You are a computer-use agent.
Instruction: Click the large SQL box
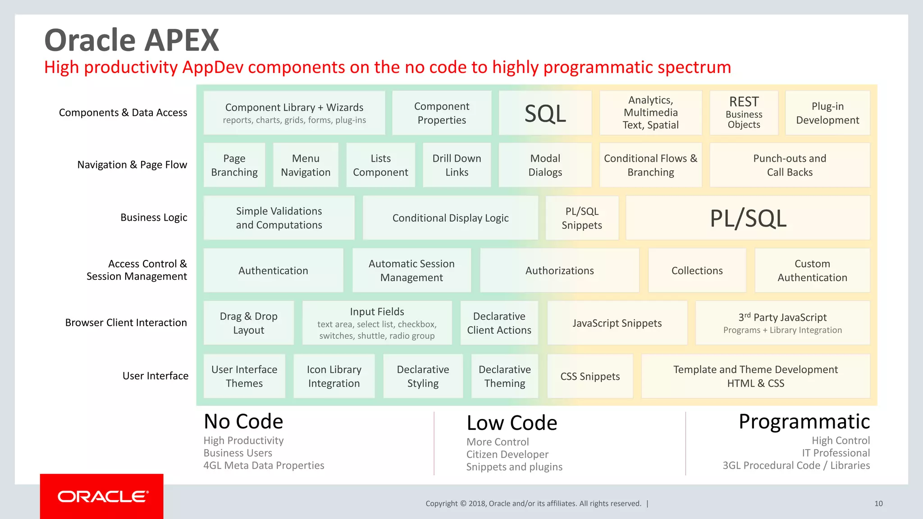(x=545, y=113)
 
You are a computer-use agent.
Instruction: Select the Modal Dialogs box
(x=545, y=165)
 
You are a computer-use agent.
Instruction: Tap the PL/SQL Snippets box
(x=582, y=218)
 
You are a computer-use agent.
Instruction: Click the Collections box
(x=697, y=270)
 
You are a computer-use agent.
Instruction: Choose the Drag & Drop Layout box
(x=249, y=323)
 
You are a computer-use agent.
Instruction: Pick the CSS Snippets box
(x=590, y=376)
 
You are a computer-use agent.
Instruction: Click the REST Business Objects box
(x=744, y=113)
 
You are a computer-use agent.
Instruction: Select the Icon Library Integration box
(x=334, y=376)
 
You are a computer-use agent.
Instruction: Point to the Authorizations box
(x=559, y=270)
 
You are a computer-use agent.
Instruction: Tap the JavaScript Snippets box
(x=617, y=323)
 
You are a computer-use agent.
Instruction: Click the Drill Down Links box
(x=457, y=165)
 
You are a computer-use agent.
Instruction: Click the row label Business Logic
(x=154, y=218)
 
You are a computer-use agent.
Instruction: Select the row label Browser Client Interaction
(x=126, y=323)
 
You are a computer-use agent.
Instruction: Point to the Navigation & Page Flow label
(x=132, y=165)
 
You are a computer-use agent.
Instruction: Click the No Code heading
(x=243, y=422)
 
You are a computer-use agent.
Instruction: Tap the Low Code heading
(x=512, y=423)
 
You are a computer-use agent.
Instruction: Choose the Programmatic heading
(x=804, y=422)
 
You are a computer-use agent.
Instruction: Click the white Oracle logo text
(x=103, y=496)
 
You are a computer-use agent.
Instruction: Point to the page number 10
(x=878, y=504)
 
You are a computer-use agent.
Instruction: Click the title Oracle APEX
(x=132, y=41)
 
